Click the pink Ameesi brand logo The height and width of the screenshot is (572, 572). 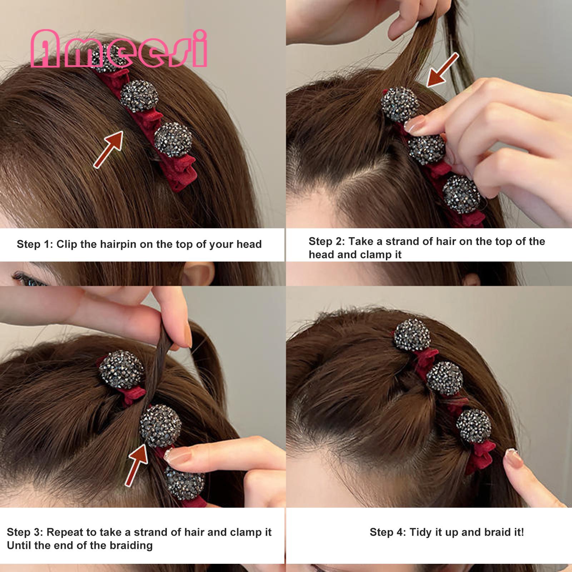(x=119, y=49)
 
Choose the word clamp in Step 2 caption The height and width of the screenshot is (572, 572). (x=374, y=255)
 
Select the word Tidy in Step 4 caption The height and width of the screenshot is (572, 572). (x=420, y=532)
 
